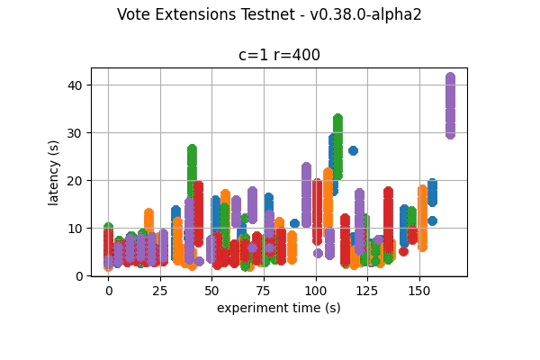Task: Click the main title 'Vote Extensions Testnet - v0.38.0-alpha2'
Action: coord(269,14)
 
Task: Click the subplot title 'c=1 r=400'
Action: coord(279,55)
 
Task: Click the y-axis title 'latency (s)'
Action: coord(54,172)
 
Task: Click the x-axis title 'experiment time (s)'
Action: coord(279,308)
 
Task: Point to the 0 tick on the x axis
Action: coord(108,291)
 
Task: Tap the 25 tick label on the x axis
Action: coord(160,291)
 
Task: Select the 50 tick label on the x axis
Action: coord(211,291)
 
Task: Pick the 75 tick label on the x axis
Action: coord(264,291)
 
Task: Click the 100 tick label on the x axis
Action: coord(315,291)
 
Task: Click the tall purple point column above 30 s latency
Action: coord(450,105)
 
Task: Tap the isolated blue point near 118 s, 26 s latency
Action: coord(353,150)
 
